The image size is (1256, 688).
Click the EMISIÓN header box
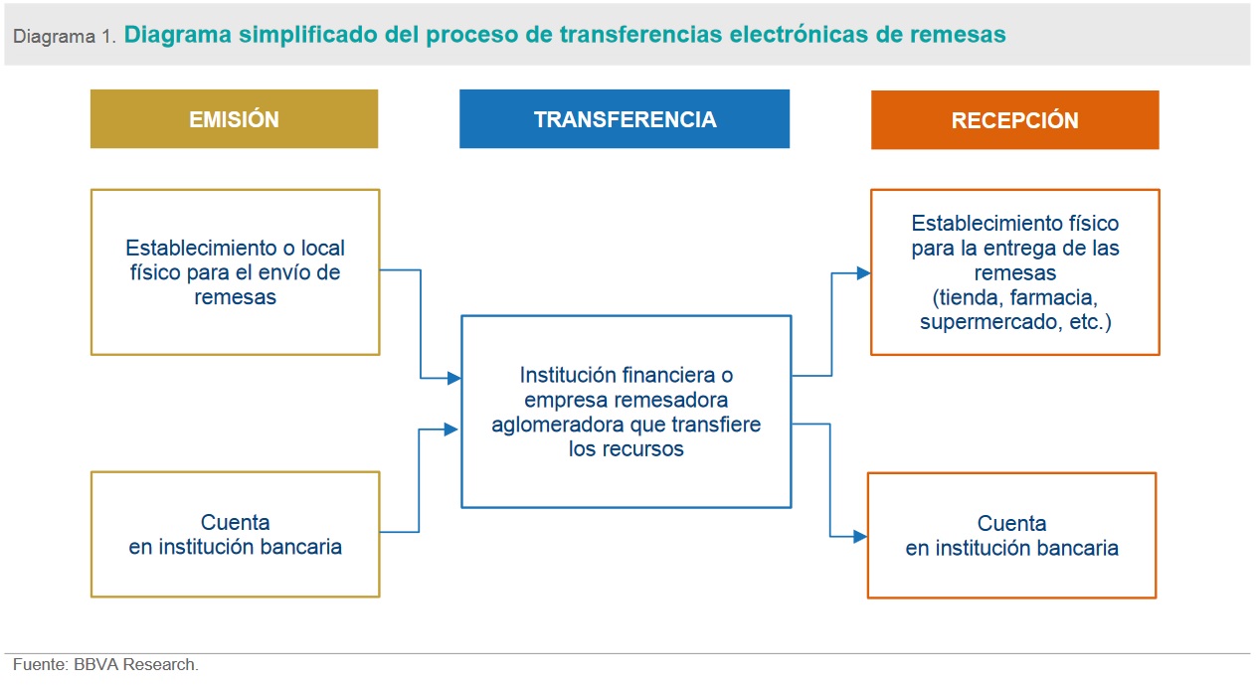[x=234, y=119]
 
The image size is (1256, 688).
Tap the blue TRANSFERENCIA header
[x=625, y=119]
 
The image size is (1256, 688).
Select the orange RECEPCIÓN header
[x=1014, y=120]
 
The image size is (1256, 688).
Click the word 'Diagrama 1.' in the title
[x=66, y=36]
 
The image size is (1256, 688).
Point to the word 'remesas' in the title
[x=957, y=35]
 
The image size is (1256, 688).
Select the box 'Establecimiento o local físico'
[x=235, y=271]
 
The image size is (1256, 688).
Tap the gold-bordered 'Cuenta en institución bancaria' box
[x=235, y=534]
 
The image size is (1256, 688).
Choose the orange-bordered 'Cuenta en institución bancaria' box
[x=1011, y=535]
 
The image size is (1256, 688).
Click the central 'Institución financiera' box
[x=626, y=411]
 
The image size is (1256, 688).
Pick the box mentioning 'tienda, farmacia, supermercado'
[x=1014, y=271]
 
